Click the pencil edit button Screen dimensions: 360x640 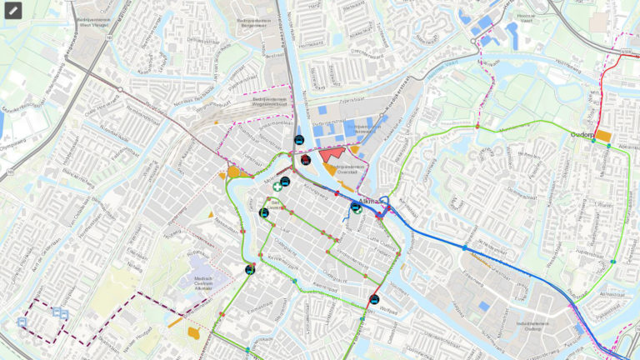[x=12, y=11]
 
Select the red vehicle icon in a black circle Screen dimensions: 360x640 [x=307, y=159]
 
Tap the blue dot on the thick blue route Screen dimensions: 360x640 [x=464, y=247]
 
